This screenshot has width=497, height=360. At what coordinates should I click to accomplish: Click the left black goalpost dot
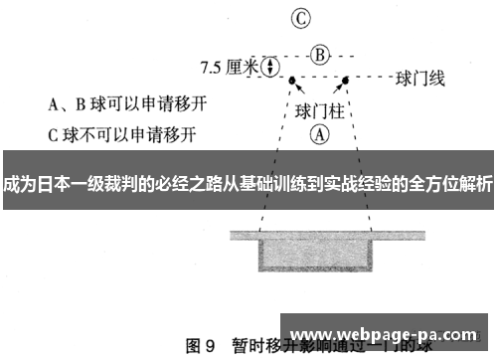click(x=292, y=78)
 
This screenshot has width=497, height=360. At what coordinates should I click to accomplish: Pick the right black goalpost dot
click(x=345, y=78)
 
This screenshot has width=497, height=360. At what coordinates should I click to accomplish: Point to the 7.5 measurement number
click(x=214, y=67)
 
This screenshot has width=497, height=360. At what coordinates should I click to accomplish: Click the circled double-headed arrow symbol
click(x=267, y=66)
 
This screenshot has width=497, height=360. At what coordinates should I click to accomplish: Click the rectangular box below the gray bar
click(x=318, y=253)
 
